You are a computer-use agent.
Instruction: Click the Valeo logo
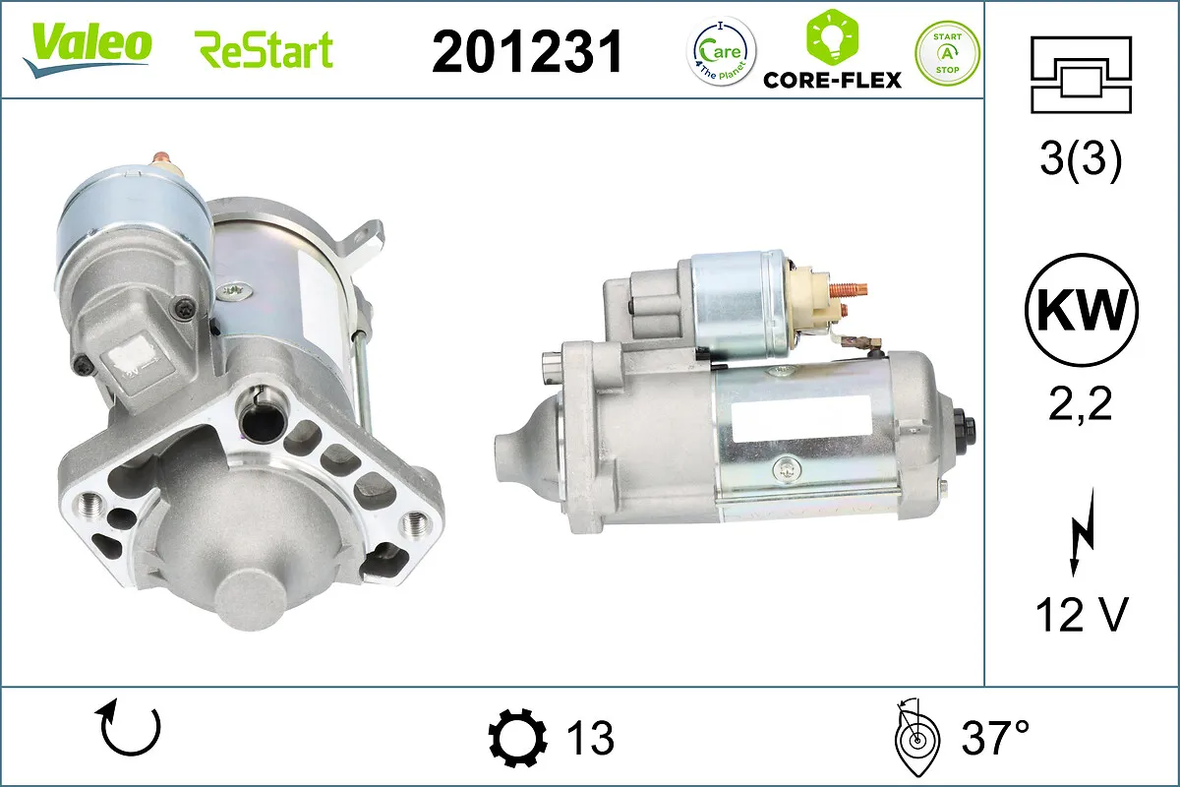87,49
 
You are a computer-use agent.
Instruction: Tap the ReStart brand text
264,49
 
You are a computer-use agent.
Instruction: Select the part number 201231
527,52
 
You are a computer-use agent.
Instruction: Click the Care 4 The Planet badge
721,51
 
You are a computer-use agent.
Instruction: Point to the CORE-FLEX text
832,80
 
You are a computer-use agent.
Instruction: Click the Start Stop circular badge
947,53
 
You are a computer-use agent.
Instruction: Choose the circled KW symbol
1082,310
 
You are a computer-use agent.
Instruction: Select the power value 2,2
1081,403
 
